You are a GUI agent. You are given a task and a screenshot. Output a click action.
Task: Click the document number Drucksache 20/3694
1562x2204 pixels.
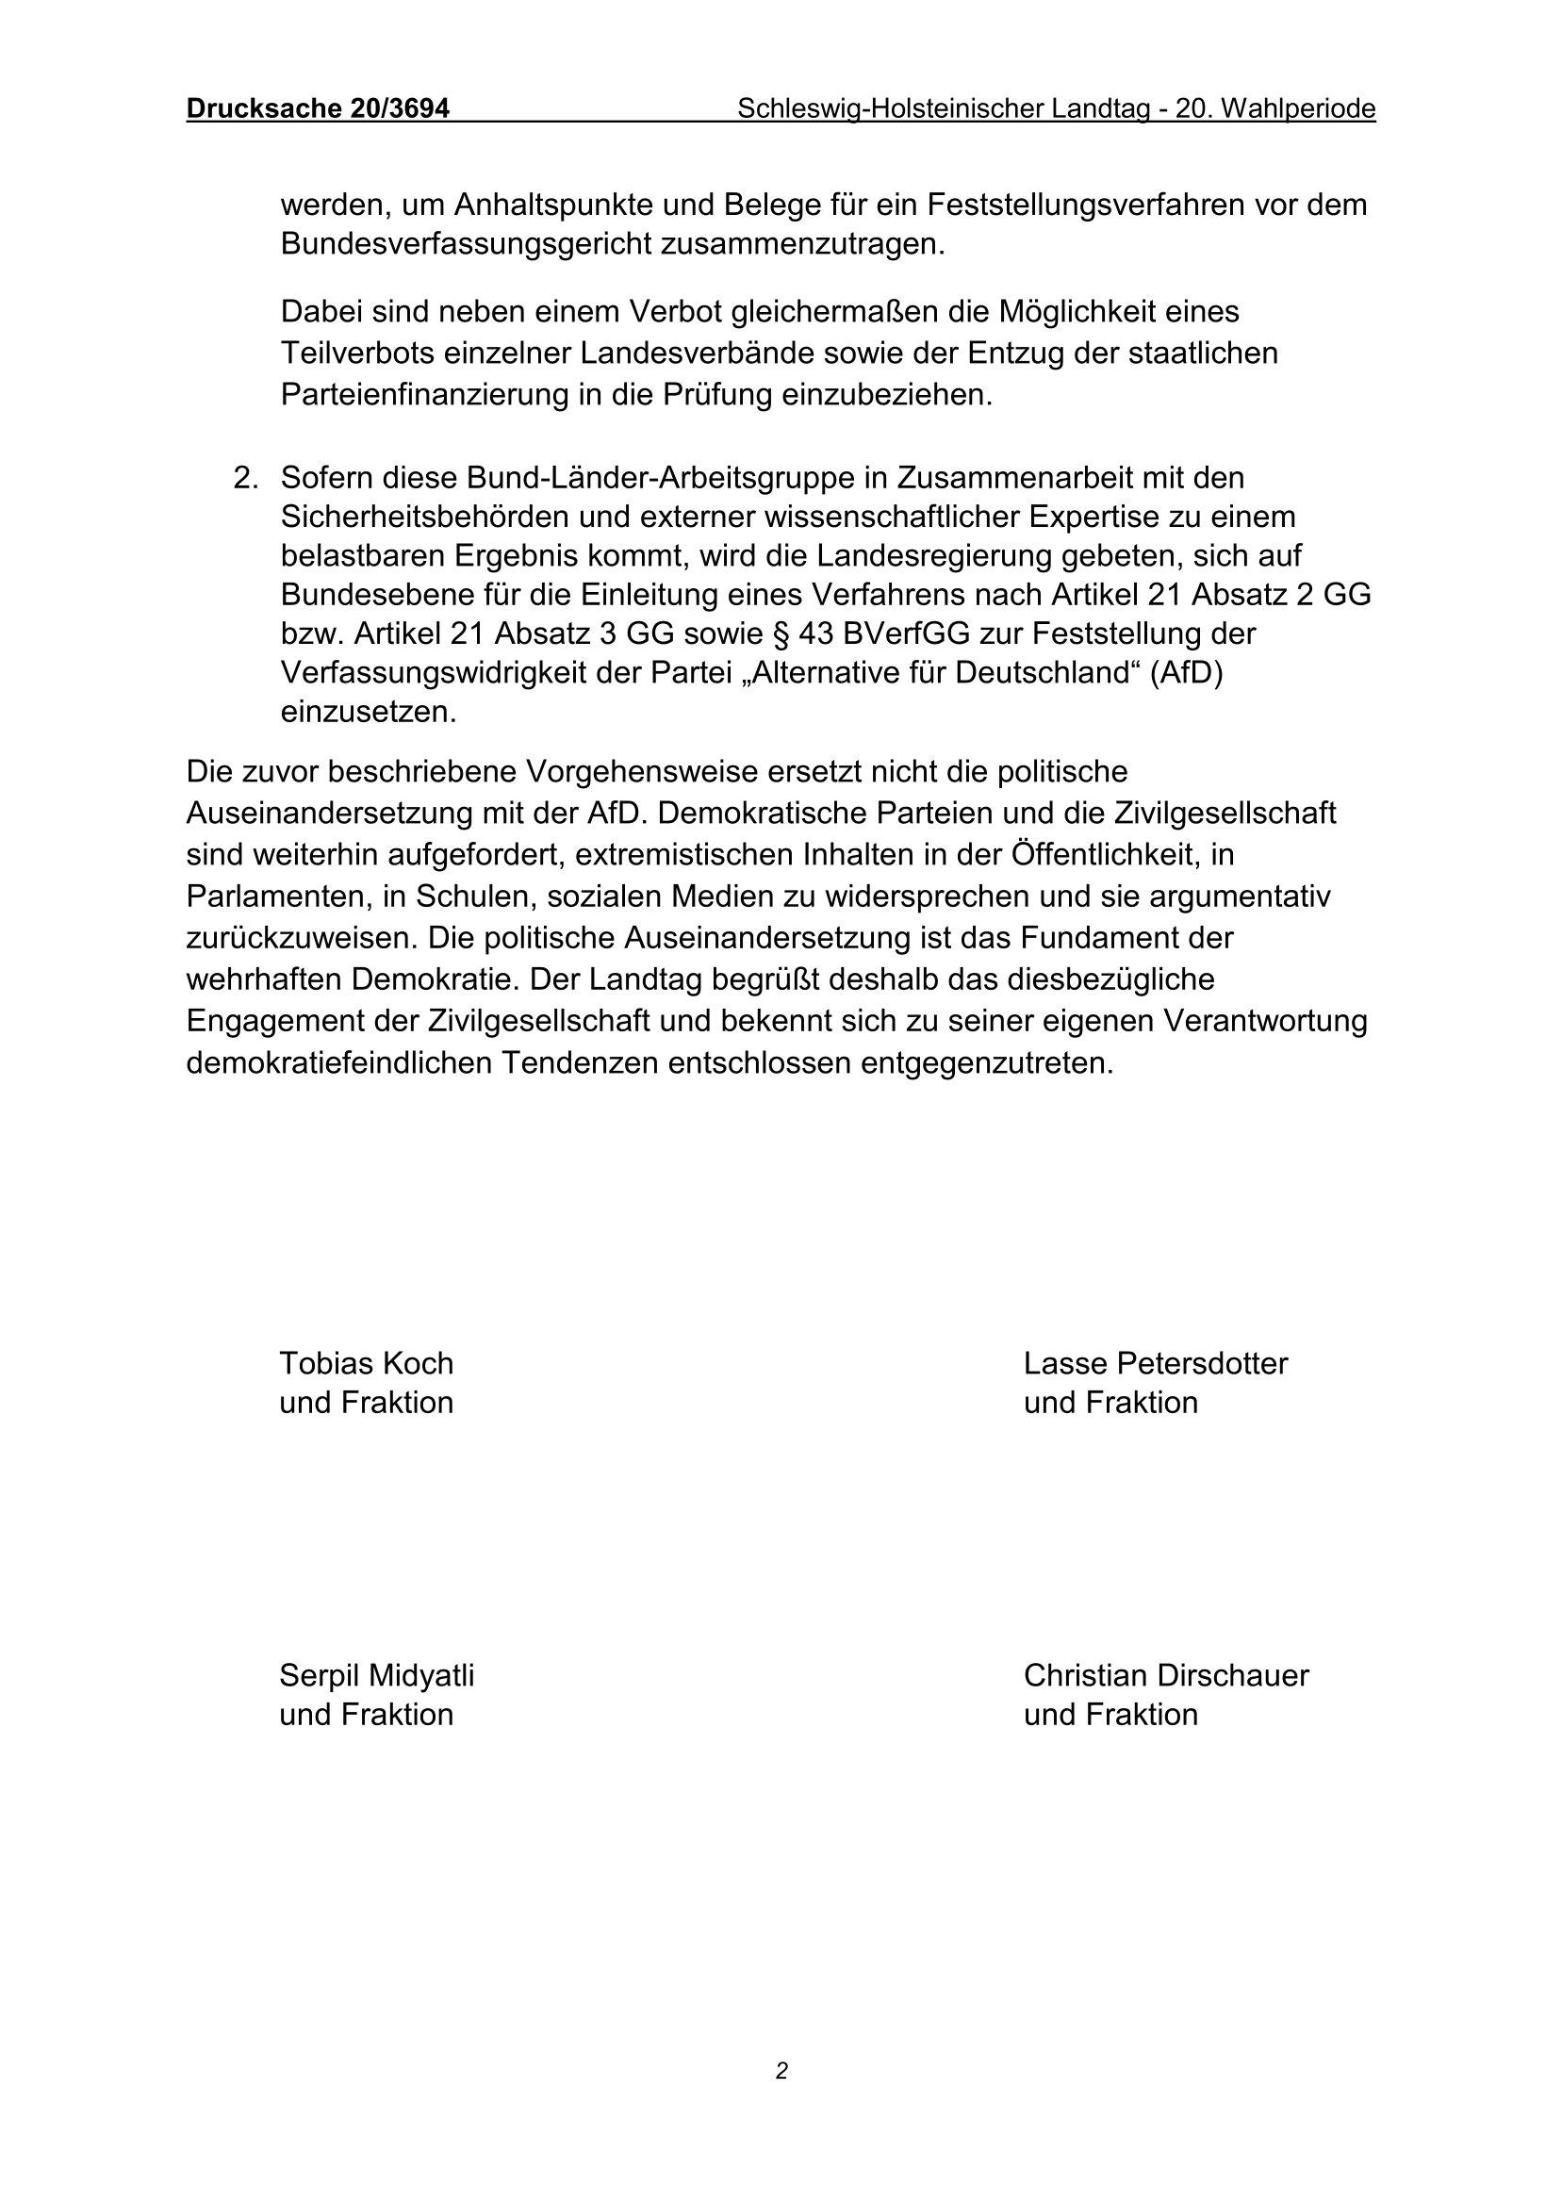coord(318,109)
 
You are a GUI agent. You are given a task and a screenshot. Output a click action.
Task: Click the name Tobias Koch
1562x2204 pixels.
coord(366,1363)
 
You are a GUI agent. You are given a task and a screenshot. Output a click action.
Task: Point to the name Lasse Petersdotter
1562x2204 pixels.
coord(1155,1363)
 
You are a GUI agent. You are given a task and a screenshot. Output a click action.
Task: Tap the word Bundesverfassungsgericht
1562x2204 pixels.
coord(466,244)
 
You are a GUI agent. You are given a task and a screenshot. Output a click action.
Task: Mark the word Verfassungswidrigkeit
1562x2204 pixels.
coord(426,674)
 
